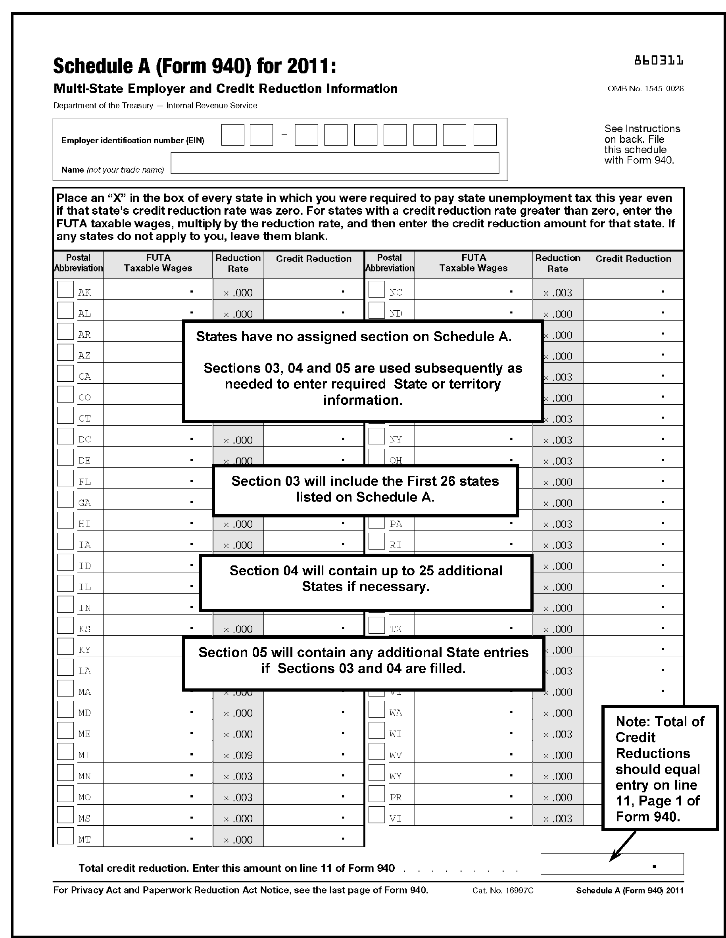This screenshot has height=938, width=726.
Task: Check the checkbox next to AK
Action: [x=65, y=289]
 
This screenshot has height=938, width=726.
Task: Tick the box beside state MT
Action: [x=65, y=836]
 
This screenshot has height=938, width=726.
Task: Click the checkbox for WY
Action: [x=376, y=773]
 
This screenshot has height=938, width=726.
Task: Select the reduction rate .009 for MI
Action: [x=238, y=755]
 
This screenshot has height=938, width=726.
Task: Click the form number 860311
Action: [x=658, y=61]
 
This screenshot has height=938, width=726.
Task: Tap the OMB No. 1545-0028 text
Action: [x=645, y=89]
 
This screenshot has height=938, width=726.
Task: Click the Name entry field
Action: [x=334, y=163]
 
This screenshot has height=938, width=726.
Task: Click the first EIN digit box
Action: [x=233, y=135]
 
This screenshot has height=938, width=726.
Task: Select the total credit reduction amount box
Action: [x=611, y=864]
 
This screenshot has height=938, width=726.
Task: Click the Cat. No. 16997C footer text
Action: [x=503, y=890]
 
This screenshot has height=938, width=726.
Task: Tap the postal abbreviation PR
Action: [x=396, y=798]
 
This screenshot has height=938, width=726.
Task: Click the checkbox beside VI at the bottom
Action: [x=376, y=815]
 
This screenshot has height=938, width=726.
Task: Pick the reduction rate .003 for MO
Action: [x=238, y=798]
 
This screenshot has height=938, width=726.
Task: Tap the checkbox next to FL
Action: [x=65, y=479]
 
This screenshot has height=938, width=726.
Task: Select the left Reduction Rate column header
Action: [x=238, y=263]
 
